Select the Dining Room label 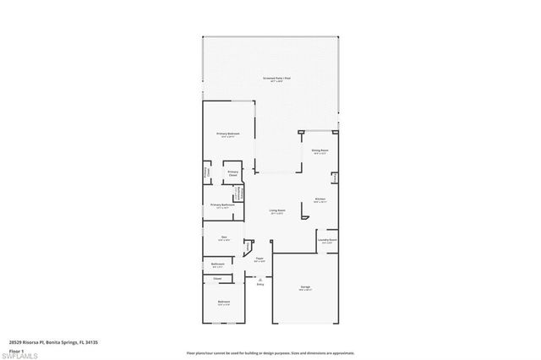click(320, 151)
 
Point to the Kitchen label click(320, 199)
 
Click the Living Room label click(277, 210)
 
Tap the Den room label click(225, 237)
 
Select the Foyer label click(260, 259)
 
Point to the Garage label click(305, 287)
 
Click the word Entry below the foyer click(260, 284)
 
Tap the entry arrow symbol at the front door click(260, 278)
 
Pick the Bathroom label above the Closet click(217, 264)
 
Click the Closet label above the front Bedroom click(217, 278)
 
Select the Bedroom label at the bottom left click(224, 302)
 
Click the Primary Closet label click(233, 174)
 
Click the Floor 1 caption click(15, 351)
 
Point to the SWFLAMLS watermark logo click(20, 356)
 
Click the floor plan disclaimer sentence click(270, 352)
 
